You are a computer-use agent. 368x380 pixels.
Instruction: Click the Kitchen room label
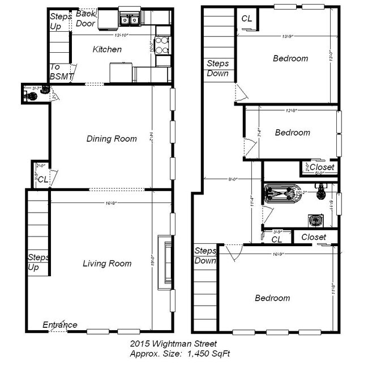point(107,49)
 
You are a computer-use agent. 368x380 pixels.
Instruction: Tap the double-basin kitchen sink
point(130,20)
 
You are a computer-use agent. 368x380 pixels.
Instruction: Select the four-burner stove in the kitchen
point(162,44)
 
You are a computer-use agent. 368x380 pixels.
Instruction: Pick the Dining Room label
point(111,138)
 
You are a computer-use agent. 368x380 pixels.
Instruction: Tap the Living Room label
point(107,263)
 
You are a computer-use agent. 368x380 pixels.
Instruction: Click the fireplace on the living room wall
point(168,263)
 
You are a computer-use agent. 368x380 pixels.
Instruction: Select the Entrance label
point(60,325)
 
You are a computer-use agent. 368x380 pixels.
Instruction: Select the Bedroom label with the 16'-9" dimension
point(272,298)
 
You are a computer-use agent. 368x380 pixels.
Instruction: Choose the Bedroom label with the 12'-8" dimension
point(292,133)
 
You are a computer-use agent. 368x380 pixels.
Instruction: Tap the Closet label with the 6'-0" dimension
point(322,168)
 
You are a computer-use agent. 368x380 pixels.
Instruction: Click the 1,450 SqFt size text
point(207,353)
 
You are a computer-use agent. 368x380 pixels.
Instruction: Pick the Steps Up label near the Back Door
point(61,20)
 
